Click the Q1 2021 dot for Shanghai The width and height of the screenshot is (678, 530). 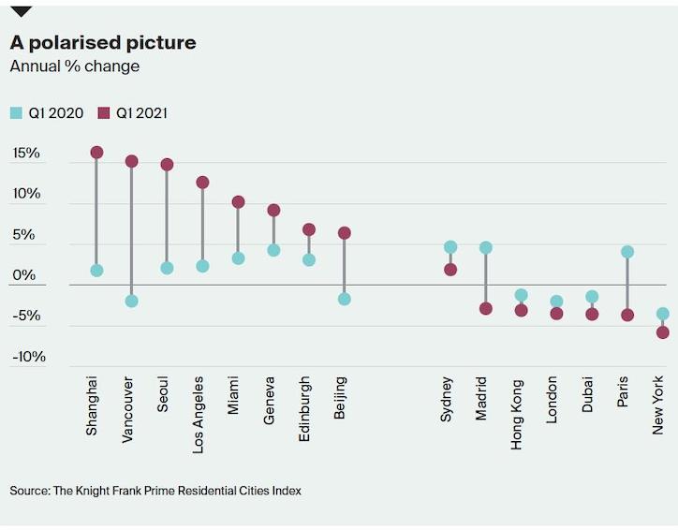[x=96, y=152]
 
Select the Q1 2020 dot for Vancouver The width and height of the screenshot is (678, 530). [x=132, y=301]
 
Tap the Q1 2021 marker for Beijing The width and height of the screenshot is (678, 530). [x=344, y=232]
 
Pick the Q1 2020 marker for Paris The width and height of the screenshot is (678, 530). [x=627, y=252]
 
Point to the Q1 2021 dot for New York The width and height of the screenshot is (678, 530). [x=663, y=332]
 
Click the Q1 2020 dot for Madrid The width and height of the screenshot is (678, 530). [x=485, y=247]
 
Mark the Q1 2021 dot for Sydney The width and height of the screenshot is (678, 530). [x=450, y=270]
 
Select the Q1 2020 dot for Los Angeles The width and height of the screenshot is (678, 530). [x=202, y=266]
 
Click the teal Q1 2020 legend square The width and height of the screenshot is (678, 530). [x=16, y=113]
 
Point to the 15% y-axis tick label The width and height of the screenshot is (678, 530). [x=26, y=153]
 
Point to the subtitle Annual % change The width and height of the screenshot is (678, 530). [x=74, y=66]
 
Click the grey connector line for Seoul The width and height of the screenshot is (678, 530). [x=167, y=215]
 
